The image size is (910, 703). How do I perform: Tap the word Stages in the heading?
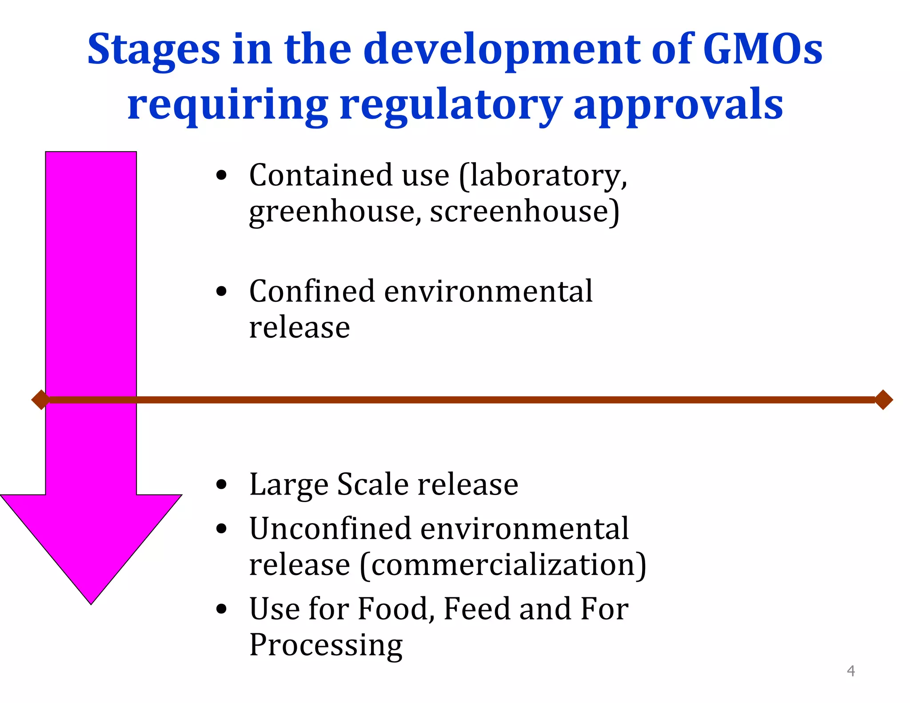point(153,50)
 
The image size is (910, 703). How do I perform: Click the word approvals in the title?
point(678,105)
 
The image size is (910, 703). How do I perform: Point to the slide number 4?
point(850,671)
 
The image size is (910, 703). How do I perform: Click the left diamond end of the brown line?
point(40,399)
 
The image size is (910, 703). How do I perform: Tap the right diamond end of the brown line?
point(883,399)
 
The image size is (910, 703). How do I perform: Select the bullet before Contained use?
point(221,175)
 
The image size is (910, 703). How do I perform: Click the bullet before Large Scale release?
point(221,484)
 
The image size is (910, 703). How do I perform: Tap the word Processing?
point(326,645)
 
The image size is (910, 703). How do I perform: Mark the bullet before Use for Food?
point(221,609)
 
